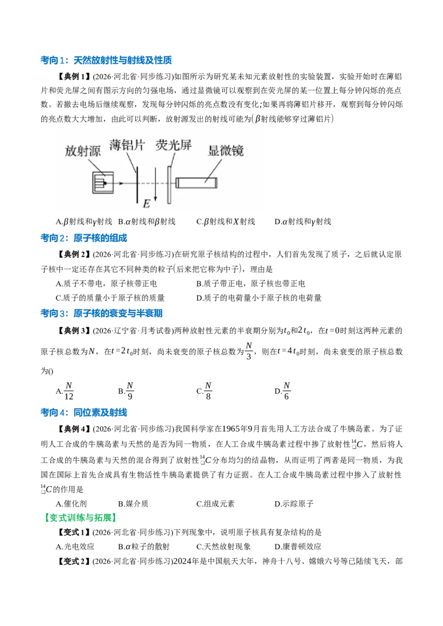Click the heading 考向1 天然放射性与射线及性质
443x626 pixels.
click(x=106, y=60)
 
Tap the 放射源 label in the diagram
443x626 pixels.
click(x=83, y=151)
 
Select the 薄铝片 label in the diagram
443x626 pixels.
click(x=127, y=145)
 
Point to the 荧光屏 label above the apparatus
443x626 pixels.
click(x=173, y=145)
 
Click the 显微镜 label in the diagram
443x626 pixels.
click(x=225, y=150)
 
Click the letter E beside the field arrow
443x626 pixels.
click(x=147, y=204)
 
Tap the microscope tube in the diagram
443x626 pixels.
click(x=197, y=183)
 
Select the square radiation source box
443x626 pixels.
click(x=103, y=183)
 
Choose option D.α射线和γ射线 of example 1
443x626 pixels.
click(x=303, y=222)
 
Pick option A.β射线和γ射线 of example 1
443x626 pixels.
click(x=84, y=222)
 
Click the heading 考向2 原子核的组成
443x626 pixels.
click(x=84, y=238)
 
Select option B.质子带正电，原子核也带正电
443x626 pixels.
click(x=251, y=284)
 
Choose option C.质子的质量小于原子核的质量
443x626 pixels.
click(x=110, y=298)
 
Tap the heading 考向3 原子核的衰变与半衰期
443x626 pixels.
click(x=101, y=314)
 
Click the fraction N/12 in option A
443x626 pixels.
click(x=69, y=391)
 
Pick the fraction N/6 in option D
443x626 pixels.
click(x=287, y=391)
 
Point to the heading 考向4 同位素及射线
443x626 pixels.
click(x=84, y=413)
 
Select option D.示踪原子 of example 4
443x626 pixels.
click(x=294, y=504)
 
